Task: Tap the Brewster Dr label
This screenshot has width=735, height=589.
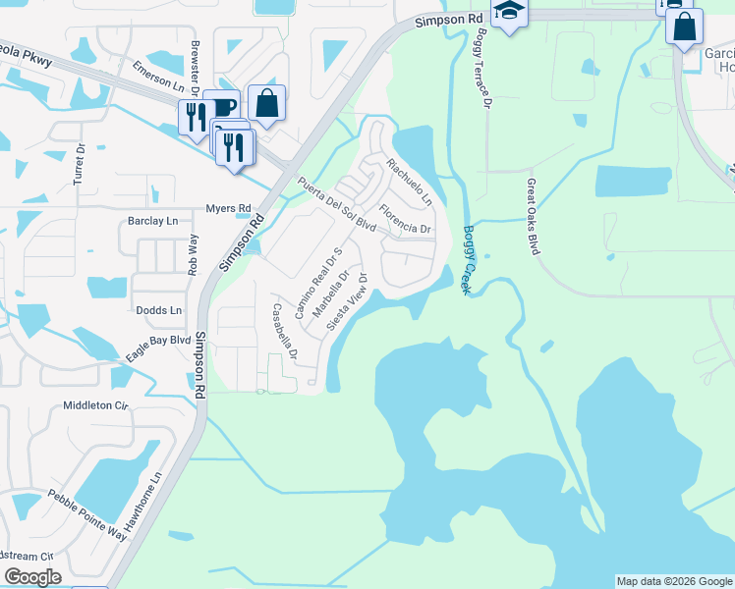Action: pos(197,75)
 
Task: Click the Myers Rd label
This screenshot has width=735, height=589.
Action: pos(228,208)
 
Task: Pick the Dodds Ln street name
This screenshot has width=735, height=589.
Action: pos(159,310)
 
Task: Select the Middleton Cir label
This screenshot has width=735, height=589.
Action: pos(95,404)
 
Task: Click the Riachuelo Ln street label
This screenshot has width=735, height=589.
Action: pos(409,181)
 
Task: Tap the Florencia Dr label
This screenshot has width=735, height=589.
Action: pos(405,220)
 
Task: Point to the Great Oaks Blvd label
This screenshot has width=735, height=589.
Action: pos(534,217)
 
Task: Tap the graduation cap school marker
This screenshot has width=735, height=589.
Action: pos(509,13)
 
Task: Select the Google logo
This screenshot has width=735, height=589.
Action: pos(33,577)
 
